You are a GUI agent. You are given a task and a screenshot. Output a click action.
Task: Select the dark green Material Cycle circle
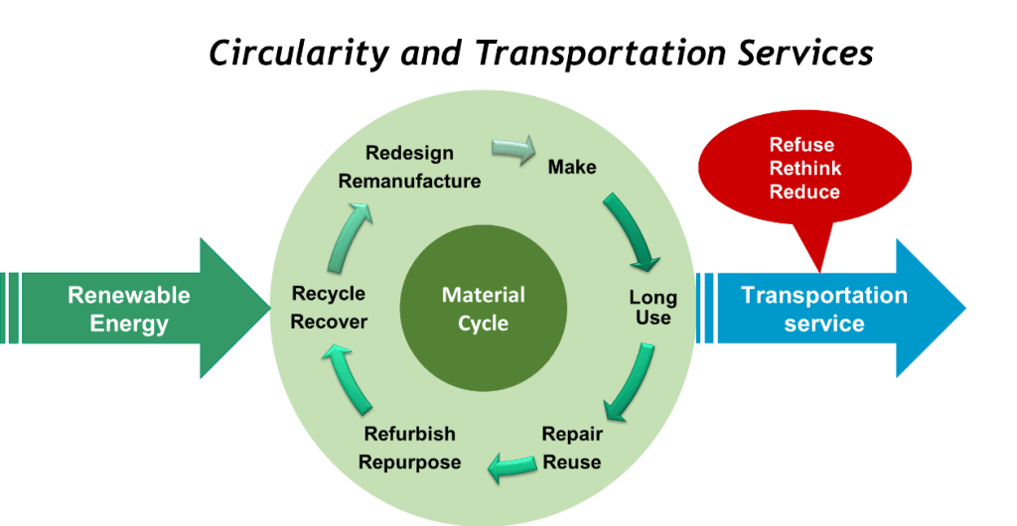(483, 309)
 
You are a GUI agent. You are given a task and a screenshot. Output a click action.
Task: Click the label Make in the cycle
(572, 167)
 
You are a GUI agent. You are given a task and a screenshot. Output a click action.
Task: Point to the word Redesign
(409, 153)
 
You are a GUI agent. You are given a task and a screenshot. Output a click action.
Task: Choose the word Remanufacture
(409, 181)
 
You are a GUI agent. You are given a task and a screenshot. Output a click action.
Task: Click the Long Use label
(653, 308)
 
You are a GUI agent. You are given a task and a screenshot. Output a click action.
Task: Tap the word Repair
(572, 434)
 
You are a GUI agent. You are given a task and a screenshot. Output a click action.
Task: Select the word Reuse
(572, 461)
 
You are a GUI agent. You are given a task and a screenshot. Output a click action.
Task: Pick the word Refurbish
(409, 434)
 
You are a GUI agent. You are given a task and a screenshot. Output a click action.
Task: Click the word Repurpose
(409, 462)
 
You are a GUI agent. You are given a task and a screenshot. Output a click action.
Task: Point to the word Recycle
(329, 294)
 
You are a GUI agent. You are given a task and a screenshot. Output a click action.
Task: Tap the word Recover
(329, 322)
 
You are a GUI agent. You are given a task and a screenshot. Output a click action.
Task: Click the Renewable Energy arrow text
(129, 309)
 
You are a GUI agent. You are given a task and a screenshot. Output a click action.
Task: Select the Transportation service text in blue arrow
(824, 309)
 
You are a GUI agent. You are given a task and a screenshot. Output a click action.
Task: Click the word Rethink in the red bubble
(804, 169)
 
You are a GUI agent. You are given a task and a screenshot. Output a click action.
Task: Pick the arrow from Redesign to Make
(513, 149)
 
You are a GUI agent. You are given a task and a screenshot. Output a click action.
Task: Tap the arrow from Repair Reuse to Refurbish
(510, 461)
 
